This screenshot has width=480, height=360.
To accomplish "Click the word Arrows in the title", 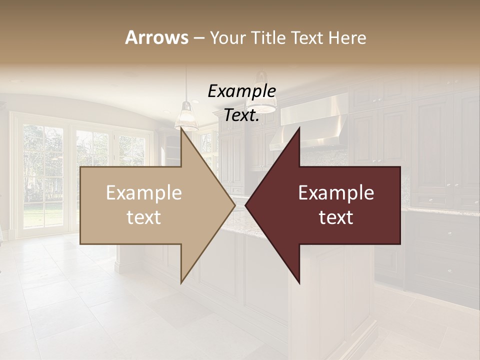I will coord(156,37).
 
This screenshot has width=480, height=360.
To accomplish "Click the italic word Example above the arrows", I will coord(241,91).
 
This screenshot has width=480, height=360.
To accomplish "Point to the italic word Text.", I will coord(241,115).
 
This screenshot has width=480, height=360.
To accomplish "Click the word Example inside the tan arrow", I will coord(144,193).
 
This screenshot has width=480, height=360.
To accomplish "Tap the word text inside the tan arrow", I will coord(144,217).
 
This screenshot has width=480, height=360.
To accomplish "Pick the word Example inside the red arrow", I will coord(336,193).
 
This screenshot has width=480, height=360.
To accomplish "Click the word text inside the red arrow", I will coord(336,217).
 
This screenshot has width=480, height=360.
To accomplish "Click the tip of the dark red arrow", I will coord(247,205).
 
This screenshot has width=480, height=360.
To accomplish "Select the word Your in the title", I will coord(227,38).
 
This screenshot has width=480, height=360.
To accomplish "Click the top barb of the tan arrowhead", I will coord(183,133).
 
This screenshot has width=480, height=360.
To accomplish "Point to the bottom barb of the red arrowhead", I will coord(298,280).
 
